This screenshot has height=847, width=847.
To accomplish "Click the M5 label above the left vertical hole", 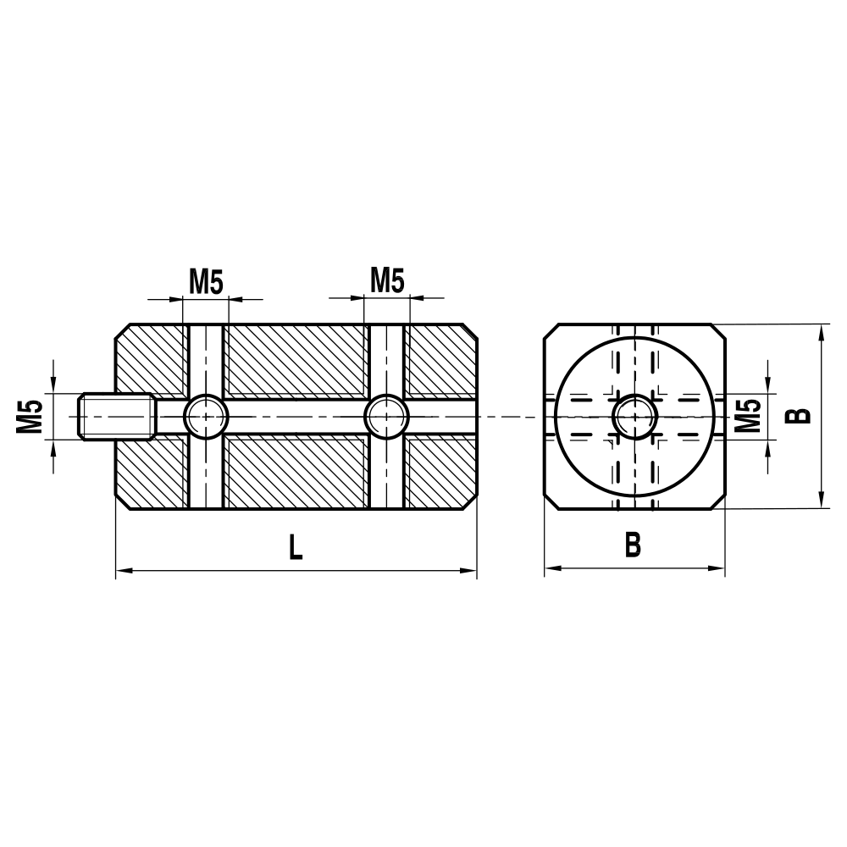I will pyautogui.click(x=206, y=280).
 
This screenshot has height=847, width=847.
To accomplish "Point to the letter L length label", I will pyautogui.click(x=294, y=548).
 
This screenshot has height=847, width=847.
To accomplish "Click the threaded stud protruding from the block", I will pyautogui.click(x=117, y=416).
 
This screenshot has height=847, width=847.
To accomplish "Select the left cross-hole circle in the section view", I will pyautogui.click(x=206, y=416).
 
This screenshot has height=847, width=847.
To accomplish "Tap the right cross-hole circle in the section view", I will pyautogui.click(x=387, y=416).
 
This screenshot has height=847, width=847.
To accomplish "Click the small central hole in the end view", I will pyautogui.click(x=634, y=416).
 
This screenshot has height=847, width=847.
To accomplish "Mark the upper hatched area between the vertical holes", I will pyautogui.click(x=296, y=360).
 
